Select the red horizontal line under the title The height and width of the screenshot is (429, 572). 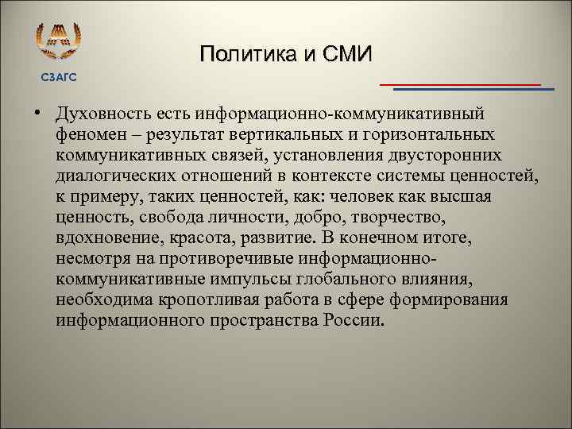click(x=460, y=83)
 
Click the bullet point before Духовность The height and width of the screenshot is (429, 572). click(x=37, y=117)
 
